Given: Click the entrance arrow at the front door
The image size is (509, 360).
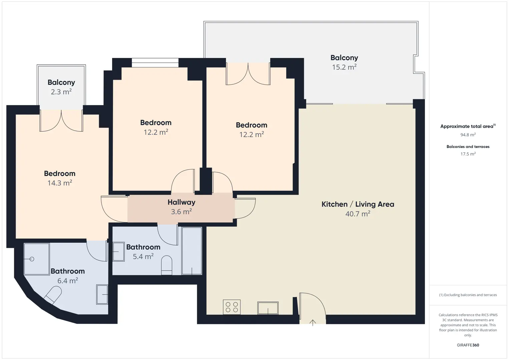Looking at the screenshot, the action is point(313,323).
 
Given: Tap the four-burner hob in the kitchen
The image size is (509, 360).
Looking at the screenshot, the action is point(232,307).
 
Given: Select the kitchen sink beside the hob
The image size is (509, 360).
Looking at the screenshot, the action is point(268,308).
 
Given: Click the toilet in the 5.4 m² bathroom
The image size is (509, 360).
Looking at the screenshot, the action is point(166,265).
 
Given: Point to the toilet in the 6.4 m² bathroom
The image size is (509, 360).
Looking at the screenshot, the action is point(53,295).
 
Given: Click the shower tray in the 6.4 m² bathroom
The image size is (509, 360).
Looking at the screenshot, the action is point(37,259).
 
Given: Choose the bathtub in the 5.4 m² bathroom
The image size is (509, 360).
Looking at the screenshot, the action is point(192,251).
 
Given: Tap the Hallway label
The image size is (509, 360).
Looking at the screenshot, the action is point(181,202).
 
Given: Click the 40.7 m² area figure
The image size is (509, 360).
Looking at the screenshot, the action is point(358,214).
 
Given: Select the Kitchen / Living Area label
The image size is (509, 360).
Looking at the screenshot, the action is point(358,204).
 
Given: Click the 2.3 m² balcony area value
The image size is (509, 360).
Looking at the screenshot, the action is point(61,92).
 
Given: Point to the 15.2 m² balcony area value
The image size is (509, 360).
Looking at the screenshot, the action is point(344,67).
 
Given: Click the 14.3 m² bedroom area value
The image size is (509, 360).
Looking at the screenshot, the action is point(59,183).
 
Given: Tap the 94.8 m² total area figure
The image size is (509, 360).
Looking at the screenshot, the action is point(468,135).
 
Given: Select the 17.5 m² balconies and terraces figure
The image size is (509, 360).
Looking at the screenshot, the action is point(468,154).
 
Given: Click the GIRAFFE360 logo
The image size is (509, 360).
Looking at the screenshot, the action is point(468,345).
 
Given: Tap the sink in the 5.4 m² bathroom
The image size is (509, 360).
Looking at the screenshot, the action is point(119,252).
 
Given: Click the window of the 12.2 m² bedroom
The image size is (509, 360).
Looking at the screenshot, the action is point(155,63).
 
